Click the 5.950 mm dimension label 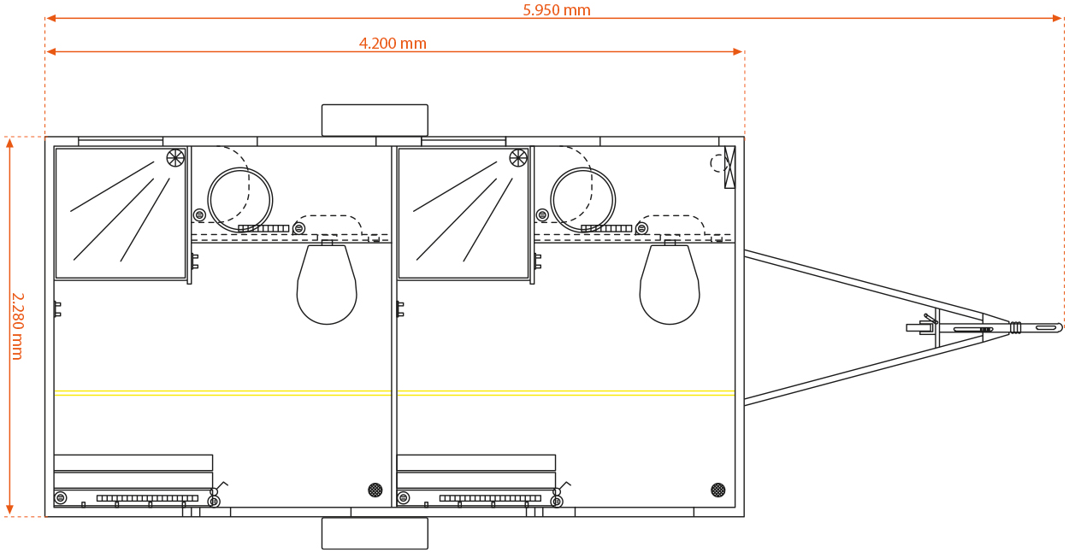point(557,10)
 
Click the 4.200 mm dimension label point(393,44)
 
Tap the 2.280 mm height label point(18,326)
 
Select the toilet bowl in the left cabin point(327,285)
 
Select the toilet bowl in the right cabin point(670,285)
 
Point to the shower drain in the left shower point(175,158)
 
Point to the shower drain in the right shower point(518,158)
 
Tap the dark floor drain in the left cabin point(375,490)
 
